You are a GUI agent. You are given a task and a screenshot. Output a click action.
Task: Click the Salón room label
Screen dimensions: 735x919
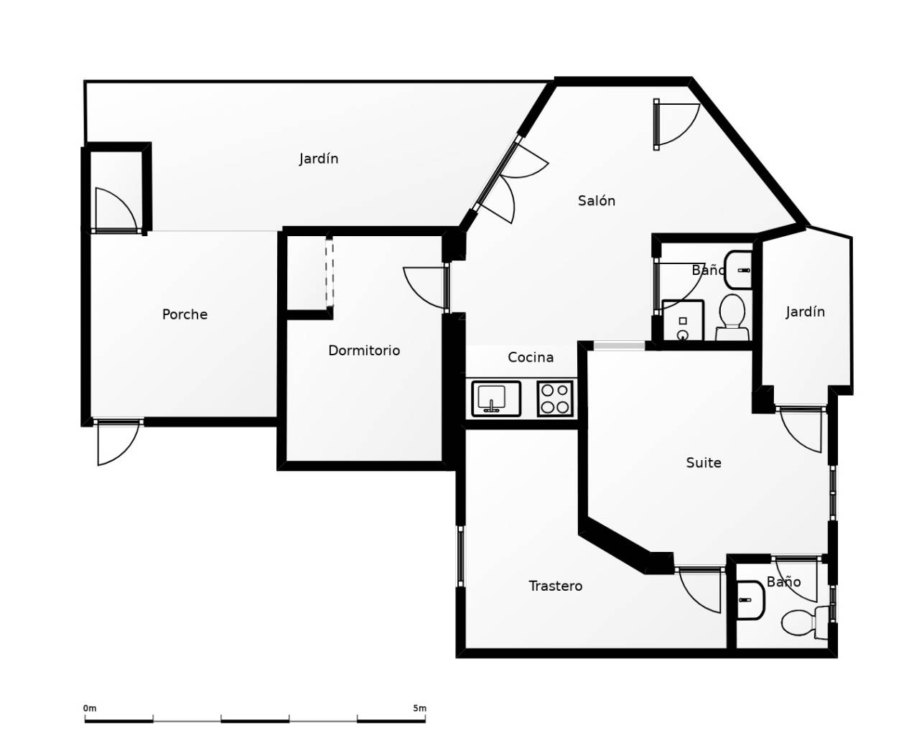(x=596, y=201)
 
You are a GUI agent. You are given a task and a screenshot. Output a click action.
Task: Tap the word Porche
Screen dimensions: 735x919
(x=185, y=314)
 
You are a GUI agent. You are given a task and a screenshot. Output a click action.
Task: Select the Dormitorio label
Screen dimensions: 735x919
(x=363, y=350)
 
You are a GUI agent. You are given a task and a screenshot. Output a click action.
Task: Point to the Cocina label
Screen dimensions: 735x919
(x=531, y=357)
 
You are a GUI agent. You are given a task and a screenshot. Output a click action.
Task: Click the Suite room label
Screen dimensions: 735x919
(x=703, y=463)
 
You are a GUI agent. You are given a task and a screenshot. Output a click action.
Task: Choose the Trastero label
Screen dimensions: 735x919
(x=555, y=586)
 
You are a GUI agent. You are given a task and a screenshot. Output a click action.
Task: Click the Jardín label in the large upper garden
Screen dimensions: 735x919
(x=319, y=159)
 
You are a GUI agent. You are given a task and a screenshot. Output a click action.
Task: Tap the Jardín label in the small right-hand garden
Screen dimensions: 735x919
(x=805, y=312)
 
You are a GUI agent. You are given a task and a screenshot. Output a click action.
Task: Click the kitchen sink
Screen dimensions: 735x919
(x=495, y=398)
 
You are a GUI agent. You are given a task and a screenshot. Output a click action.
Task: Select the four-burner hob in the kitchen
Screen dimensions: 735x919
(x=555, y=399)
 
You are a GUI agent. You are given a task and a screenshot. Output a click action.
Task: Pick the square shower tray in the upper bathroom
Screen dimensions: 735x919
(x=682, y=320)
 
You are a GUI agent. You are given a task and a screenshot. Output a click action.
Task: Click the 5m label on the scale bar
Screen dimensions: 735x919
(x=419, y=708)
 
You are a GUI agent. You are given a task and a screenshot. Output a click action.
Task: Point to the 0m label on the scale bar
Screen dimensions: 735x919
(x=90, y=708)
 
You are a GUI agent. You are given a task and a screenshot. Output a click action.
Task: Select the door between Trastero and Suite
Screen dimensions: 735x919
(x=701, y=589)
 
